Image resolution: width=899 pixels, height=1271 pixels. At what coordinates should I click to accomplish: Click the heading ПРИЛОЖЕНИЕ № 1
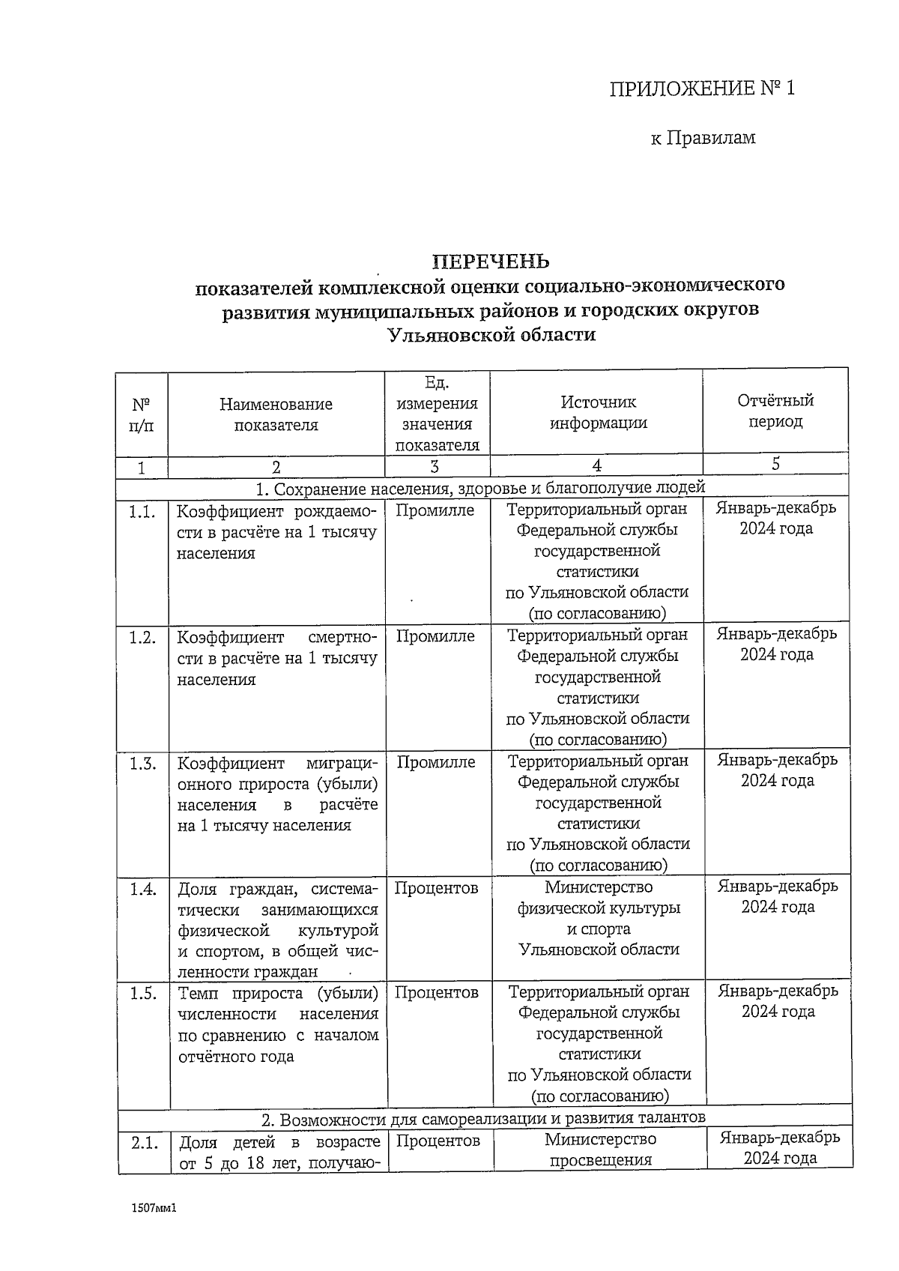coord(701,89)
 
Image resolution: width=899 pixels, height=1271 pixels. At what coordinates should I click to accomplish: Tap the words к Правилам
coord(703,138)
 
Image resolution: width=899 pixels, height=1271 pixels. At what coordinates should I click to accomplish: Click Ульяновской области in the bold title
coord(491,335)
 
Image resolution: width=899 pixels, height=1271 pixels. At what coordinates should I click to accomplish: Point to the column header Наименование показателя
coord(276,414)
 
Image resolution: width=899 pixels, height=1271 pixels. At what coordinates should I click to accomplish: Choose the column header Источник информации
coord(597,412)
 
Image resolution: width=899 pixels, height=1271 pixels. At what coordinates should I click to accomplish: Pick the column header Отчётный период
coord(775,411)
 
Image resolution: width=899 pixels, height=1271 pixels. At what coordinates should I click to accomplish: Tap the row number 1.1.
coord(142,512)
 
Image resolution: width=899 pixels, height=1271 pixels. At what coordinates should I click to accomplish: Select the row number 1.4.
coord(142,889)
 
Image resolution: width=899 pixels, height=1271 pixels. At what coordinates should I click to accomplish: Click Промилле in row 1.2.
coord(435,636)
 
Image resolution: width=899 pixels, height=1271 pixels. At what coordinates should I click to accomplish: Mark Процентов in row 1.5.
coord(437,992)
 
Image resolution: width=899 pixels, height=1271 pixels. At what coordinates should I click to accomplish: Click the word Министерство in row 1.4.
coord(599,887)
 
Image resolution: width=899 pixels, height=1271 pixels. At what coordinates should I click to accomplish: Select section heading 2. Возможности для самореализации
coord(483,1119)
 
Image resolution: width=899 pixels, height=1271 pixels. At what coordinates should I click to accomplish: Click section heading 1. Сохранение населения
coord(480,489)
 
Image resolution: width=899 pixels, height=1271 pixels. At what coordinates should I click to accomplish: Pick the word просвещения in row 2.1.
coord(600,1160)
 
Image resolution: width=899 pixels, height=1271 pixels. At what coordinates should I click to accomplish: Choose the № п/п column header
coord(142,415)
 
